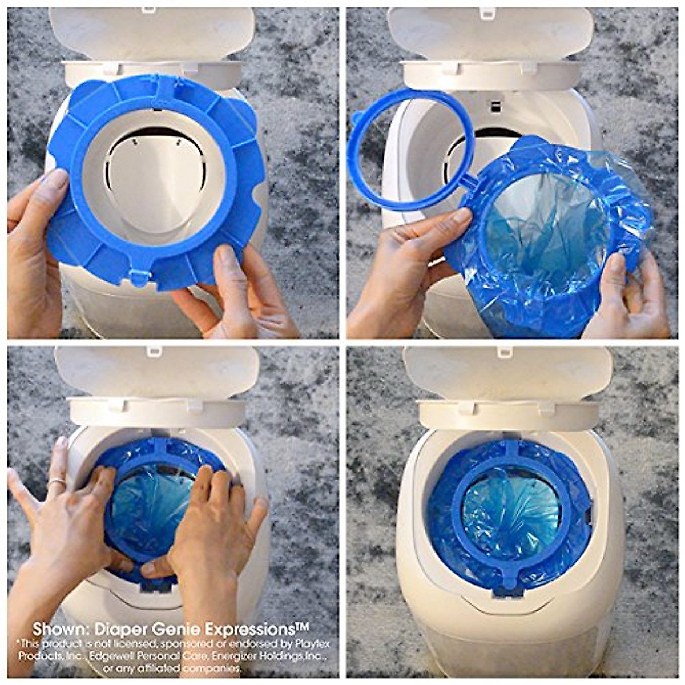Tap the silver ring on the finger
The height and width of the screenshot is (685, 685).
click(57, 483)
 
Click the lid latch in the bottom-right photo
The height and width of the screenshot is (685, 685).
click(503, 352)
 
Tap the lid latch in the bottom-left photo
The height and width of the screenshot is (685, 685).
click(154, 352)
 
